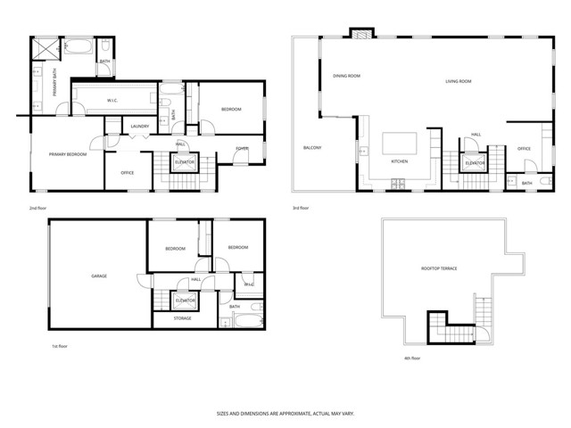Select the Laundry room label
pyautogui.click(x=139, y=126)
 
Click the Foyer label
pyautogui.click(x=242, y=148)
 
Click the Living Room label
pyautogui.click(x=459, y=81)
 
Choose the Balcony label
pyautogui.click(x=312, y=147)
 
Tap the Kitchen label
pyautogui.click(x=400, y=161)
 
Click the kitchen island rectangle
pyautogui.click(x=400, y=144)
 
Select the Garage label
pyautogui.click(x=99, y=276)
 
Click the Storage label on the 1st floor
pyautogui.click(x=182, y=317)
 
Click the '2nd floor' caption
pyautogui.click(x=37, y=209)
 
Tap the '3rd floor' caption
pyautogui.click(x=301, y=209)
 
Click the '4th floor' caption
pyautogui.click(x=411, y=358)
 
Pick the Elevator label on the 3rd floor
pyautogui.click(x=476, y=163)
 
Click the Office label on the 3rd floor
pyautogui.click(x=524, y=148)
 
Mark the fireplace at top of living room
pyautogui.click(x=360, y=34)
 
